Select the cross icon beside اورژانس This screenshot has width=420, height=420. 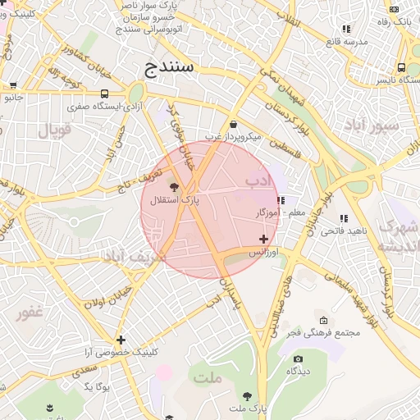point(263,240)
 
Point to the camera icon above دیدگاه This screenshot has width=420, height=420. point(298,358)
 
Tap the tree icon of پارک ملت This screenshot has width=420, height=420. point(247,395)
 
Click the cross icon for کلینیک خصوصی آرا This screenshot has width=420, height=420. point(121,340)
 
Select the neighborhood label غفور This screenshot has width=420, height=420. point(30,313)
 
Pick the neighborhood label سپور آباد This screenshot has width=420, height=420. point(372,126)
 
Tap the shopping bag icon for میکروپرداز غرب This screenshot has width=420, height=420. point(235,125)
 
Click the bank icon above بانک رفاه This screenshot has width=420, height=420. point(395,9)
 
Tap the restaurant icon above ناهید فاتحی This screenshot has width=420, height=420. point(343,218)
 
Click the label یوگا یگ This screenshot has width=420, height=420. point(97,385)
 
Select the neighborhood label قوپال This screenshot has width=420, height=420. point(55,130)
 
